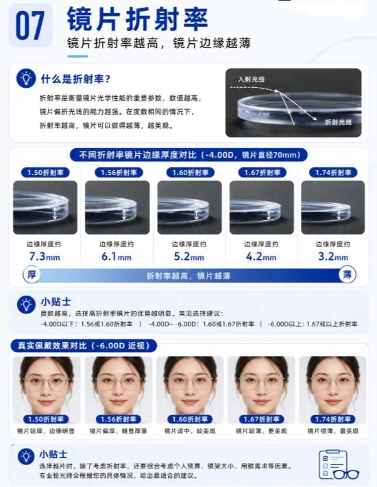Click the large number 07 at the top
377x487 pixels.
pos(29,25)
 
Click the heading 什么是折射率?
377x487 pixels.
pos(75,79)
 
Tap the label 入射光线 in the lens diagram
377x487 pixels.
pos(251,79)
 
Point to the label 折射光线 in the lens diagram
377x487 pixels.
pos(338,122)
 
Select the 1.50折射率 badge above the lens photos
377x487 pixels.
pos(45,172)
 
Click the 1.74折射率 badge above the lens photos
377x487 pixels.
pos(333,172)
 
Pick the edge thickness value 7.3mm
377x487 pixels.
pos(45,257)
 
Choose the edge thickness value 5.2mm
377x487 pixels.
pos(188,257)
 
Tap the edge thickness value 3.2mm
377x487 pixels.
pos(333,257)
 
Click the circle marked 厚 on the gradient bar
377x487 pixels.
pos(32,275)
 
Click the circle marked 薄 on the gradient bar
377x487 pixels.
pos(348,275)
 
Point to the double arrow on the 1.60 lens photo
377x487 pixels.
pos(197,214)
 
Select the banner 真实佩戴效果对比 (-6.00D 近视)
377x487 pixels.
pos(84,346)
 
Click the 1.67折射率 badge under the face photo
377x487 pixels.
pos(261,419)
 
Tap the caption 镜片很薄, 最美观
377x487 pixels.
pos(332,431)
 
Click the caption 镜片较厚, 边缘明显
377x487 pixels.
pos(46,431)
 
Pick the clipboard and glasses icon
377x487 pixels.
pos(338,465)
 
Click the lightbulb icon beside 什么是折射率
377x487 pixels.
pos(26,78)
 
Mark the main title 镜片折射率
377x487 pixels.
pos(137,19)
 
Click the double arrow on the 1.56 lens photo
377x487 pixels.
pos(124,214)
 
